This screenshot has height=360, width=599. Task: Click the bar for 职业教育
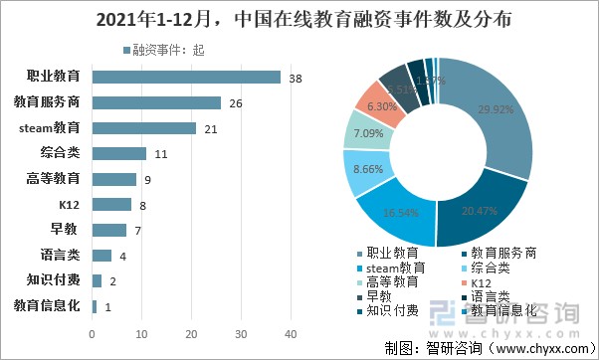[x=186, y=77]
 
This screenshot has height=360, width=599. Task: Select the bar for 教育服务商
[x=156, y=102]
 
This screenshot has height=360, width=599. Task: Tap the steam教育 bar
[x=143, y=127]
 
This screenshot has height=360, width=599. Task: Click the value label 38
[x=296, y=77]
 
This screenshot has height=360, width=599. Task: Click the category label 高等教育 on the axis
[x=56, y=179]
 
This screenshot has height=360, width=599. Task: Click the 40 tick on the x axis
[x=291, y=333]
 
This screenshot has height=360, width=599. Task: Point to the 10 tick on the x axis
[x=141, y=333]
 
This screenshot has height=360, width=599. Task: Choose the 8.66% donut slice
[x=365, y=170]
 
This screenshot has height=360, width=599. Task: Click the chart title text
[x=299, y=19]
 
